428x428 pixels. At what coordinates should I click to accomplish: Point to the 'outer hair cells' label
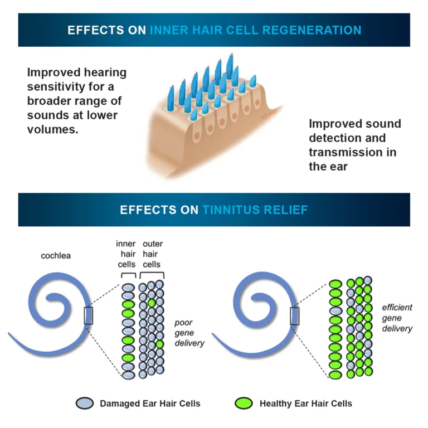[x=152, y=254]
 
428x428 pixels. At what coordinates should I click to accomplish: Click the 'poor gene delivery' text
[x=189, y=333]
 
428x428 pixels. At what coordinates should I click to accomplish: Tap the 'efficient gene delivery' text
[x=397, y=318]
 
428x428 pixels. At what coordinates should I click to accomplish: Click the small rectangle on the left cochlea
[x=88, y=315]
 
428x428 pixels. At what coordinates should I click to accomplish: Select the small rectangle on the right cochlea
[x=294, y=315]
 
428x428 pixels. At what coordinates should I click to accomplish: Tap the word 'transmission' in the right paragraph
[x=343, y=152]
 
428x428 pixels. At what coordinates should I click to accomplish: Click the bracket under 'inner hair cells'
[x=128, y=275]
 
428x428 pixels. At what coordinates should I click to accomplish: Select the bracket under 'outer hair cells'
[x=152, y=275]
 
